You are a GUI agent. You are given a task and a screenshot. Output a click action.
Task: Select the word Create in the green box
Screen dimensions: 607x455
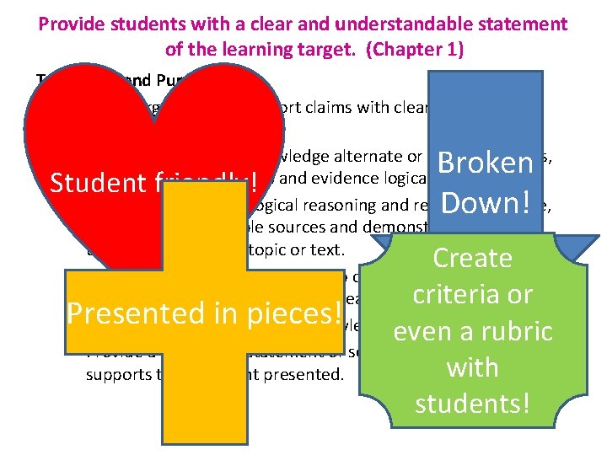tap(472, 258)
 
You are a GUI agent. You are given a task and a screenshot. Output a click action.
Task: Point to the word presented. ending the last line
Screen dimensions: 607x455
tap(313, 373)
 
